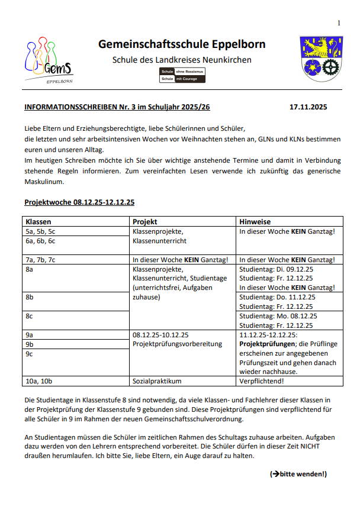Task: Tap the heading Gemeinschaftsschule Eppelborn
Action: click(x=182, y=44)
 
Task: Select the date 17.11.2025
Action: click(x=308, y=108)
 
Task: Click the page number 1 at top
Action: click(x=339, y=22)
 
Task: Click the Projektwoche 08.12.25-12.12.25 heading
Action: click(x=79, y=202)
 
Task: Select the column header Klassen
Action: click(x=38, y=221)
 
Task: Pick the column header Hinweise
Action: click(x=255, y=221)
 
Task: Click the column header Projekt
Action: click(x=144, y=221)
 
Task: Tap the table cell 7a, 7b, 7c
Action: click(x=40, y=259)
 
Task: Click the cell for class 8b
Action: click(x=29, y=297)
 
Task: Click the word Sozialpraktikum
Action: click(x=157, y=381)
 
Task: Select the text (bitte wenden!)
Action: click(x=298, y=474)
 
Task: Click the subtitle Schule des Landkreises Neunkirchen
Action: click(x=182, y=60)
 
